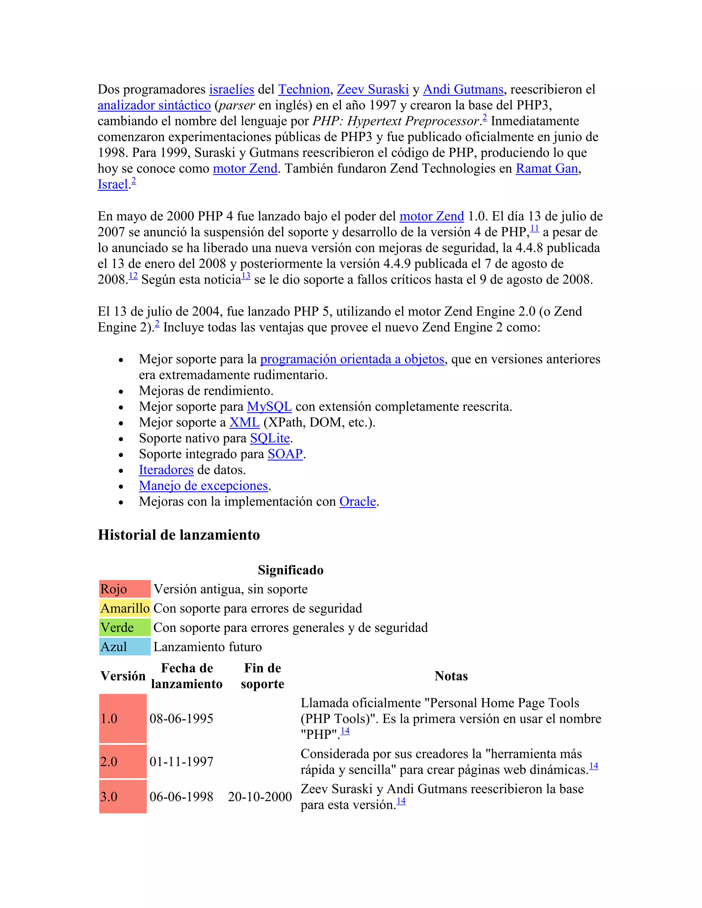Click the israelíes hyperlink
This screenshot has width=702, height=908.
231,89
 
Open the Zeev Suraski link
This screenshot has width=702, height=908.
373,89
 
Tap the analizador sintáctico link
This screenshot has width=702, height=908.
154,105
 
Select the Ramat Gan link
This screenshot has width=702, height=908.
546,168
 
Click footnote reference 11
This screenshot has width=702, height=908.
534,228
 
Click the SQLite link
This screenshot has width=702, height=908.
269,438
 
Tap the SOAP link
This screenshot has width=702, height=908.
285,454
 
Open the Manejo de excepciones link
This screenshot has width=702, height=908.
203,485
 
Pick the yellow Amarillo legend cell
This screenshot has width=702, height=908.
125,608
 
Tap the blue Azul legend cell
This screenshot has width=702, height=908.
125,647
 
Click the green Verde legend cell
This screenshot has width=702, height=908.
125,627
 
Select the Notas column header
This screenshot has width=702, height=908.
451,676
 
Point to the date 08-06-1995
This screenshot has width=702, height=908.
181,719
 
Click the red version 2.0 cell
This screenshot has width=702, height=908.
123,762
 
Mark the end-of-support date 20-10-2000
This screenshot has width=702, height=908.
260,797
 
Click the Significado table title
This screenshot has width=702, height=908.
290,570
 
